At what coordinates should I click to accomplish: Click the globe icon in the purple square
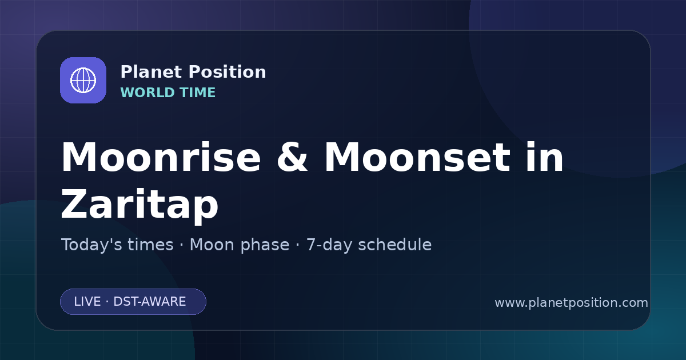click(83, 80)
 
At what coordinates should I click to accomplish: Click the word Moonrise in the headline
click(161, 157)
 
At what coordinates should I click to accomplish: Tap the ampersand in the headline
click(292, 157)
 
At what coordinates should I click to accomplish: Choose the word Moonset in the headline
click(417, 157)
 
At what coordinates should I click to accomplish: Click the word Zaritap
click(139, 204)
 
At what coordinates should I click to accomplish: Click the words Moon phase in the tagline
click(240, 245)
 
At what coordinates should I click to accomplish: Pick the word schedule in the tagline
click(395, 245)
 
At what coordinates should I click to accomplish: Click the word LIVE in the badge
click(87, 302)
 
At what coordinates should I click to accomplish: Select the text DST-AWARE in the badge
click(150, 302)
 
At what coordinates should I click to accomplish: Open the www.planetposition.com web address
click(572, 303)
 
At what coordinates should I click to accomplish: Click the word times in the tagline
click(150, 245)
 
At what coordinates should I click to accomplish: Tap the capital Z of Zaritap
click(74, 204)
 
